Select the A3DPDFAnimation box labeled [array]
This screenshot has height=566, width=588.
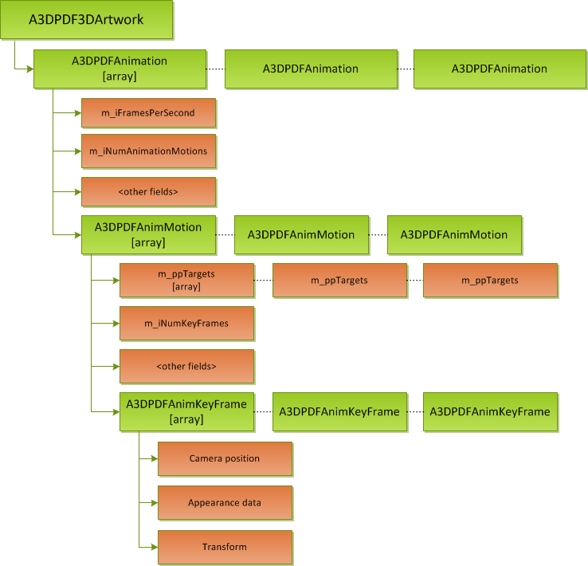point(120,69)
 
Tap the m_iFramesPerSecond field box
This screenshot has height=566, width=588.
point(148,113)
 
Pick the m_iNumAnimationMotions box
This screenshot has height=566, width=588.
point(148,151)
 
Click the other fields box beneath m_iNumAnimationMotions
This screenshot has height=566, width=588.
point(148,191)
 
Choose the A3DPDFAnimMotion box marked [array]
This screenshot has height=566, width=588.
point(148,234)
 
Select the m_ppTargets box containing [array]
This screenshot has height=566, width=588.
point(186,280)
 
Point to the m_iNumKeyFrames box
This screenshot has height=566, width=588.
point(186,323)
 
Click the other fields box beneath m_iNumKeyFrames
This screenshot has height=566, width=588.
point(186,366)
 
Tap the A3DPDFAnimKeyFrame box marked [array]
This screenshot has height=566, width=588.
point(186,411)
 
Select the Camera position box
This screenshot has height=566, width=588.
point(225,458)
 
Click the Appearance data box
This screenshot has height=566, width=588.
point(225,502)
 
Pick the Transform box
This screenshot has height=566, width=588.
point(225,547)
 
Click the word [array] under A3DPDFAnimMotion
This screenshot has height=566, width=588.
point(148,242)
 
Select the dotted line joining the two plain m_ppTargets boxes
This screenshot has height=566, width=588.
point(414,280)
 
